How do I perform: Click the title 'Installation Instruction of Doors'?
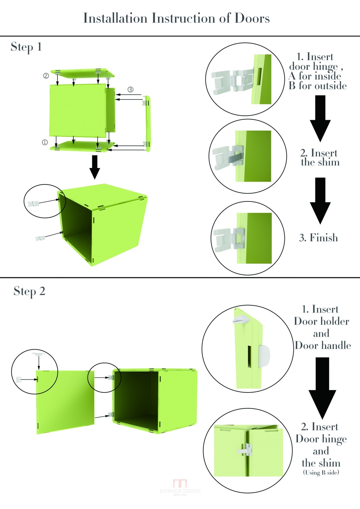(176, 18)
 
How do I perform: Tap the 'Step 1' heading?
(26, 47)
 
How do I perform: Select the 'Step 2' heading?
(30, 291)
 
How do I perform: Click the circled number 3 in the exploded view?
(130, 89)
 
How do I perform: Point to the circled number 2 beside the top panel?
(46, 76)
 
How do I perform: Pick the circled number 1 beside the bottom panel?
(45, 142)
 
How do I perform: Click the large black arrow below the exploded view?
(95, 167)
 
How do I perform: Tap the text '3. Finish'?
(319, 238)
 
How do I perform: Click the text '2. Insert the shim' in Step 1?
(320, 158)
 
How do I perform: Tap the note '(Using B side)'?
(321, 472)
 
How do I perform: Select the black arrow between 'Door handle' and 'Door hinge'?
(322, 387)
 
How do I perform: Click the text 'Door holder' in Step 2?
(321, 321)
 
